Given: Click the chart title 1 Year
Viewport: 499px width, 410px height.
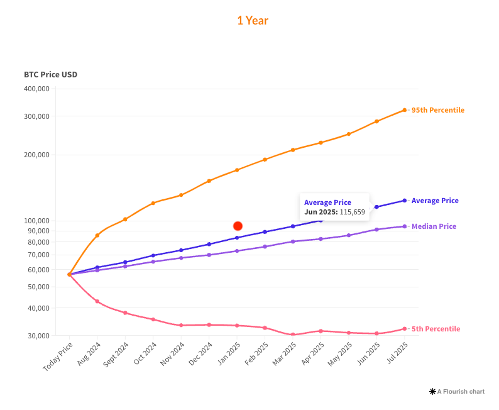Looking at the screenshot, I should tap(252, 21).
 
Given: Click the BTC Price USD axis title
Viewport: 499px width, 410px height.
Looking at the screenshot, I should tap(50, 75).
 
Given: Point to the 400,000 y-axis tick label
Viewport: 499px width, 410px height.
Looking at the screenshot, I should tap(36, 89).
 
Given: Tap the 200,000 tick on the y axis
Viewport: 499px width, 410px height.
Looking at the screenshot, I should tap(36, 155).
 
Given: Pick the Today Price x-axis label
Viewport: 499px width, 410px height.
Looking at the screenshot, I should tap(58, 357).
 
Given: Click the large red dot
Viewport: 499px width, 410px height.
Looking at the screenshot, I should tap(238, 226).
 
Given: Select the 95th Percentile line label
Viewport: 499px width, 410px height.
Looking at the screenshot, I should tap(437, 110).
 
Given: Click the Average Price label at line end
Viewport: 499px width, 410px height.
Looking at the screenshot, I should tap(435, 201).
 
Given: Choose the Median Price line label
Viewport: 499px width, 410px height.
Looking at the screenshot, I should tap(434, 226).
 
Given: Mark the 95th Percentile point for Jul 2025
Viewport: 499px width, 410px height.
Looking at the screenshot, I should tap(404, 110).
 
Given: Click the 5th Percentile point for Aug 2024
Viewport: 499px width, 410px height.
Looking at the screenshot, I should tap(97, 301).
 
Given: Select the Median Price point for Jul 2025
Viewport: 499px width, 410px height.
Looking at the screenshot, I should tap(404, 226).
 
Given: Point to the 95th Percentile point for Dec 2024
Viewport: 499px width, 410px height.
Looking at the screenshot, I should tap(209, 180).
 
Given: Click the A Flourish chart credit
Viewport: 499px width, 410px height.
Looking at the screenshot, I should tap(457, 391).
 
